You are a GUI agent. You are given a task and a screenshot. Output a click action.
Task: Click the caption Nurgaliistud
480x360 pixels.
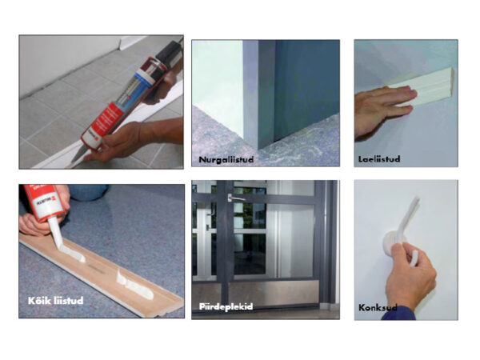pos(226,159)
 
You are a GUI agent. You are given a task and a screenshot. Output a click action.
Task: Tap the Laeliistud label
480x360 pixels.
pos(379,159)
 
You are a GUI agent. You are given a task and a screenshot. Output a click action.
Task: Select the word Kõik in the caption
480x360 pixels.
pos(39,300)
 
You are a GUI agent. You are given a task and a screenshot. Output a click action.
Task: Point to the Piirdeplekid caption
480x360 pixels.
pos(226,306)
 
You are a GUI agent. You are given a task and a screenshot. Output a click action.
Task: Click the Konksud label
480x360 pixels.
pos(378,307)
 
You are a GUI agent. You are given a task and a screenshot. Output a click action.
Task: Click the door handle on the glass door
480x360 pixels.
pos(236,198)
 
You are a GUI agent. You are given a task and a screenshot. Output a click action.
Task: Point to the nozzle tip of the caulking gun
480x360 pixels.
pos(74,161)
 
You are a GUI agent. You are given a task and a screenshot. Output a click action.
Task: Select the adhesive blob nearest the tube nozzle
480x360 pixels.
pos(71,254)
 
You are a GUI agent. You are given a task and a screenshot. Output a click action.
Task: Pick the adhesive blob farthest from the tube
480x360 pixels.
pos(134,284)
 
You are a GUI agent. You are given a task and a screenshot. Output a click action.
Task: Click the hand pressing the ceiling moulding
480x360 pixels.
pos(382,110)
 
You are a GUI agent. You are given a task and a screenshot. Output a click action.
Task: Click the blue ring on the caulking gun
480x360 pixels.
pos(145,75)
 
